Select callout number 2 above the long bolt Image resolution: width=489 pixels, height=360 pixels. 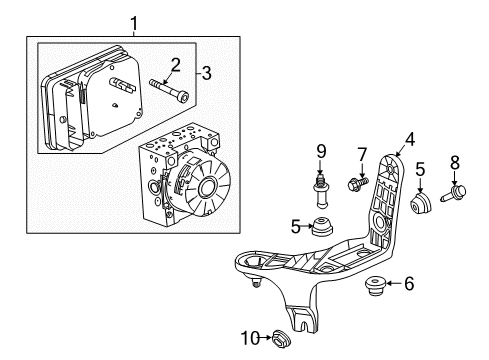pos(175,65)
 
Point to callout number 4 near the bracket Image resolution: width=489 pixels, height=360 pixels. pos(409,143)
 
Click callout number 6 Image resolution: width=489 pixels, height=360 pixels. pos(408,284)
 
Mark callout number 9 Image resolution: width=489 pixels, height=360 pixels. pos(321,153)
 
